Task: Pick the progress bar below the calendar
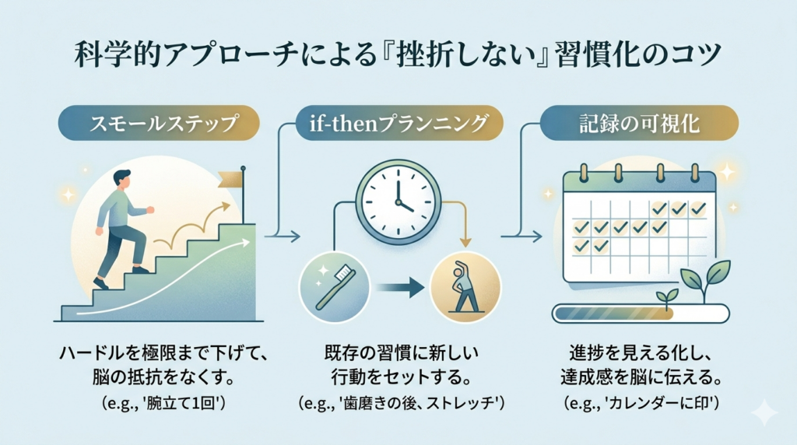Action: [x=641, y=313]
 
